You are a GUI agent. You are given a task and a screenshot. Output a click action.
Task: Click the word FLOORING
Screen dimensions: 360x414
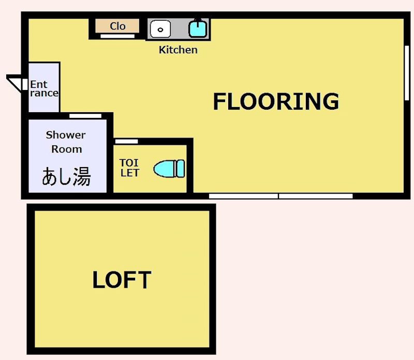coord(276,101)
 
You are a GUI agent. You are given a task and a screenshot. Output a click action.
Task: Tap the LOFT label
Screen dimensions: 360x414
coord(122,280)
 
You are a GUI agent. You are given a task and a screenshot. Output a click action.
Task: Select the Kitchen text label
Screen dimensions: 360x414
coord(178,50)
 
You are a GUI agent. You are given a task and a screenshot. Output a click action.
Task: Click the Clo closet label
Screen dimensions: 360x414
coord(117,26)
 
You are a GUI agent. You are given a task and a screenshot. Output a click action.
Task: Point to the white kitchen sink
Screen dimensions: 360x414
coord(160,29)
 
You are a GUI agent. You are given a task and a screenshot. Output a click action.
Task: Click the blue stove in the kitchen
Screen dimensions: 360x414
coord(197,28)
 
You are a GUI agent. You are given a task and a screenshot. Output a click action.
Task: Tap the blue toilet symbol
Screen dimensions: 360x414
coord(169,169)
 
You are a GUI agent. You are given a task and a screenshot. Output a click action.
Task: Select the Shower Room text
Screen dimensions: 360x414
coord(66,142)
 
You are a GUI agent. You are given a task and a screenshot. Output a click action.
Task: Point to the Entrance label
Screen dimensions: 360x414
coord(43,88)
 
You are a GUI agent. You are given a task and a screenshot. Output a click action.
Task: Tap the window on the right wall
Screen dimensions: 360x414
coord(406,72)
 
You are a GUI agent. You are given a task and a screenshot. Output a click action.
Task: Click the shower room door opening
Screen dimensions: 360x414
coord(85,115)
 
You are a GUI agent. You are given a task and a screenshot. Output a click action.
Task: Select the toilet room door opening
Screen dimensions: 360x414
coord(126,141)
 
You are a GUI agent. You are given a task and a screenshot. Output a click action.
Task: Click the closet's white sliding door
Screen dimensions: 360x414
coord(117,36)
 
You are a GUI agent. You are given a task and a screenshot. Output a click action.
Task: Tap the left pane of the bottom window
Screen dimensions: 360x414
coord(243,197)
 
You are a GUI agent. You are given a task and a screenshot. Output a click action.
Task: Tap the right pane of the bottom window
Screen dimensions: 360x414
coord(316,197)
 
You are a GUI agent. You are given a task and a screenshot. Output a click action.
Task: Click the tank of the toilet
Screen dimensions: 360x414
coord(180,169)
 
